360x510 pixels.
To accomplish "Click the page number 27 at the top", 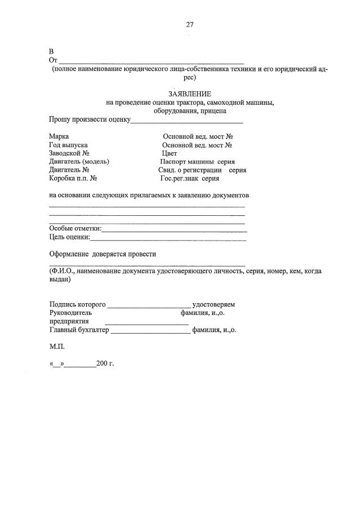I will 189,24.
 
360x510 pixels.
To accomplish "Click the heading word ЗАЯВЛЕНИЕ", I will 189,94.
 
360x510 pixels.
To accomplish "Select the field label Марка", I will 59,137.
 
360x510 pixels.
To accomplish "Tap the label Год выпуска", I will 68,145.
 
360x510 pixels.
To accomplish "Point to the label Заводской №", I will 69,153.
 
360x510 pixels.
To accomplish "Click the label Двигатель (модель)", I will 79,161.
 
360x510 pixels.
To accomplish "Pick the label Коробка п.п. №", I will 74,178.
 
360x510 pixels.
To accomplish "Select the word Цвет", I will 169,153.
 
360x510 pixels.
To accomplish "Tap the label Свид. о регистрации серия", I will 202,170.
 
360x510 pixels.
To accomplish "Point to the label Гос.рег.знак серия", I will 189,178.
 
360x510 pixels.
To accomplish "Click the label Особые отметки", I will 75,228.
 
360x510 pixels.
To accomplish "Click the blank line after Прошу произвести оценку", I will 187,121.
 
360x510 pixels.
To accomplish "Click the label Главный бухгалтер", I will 79,330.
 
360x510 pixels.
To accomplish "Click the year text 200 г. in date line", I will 105,364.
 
